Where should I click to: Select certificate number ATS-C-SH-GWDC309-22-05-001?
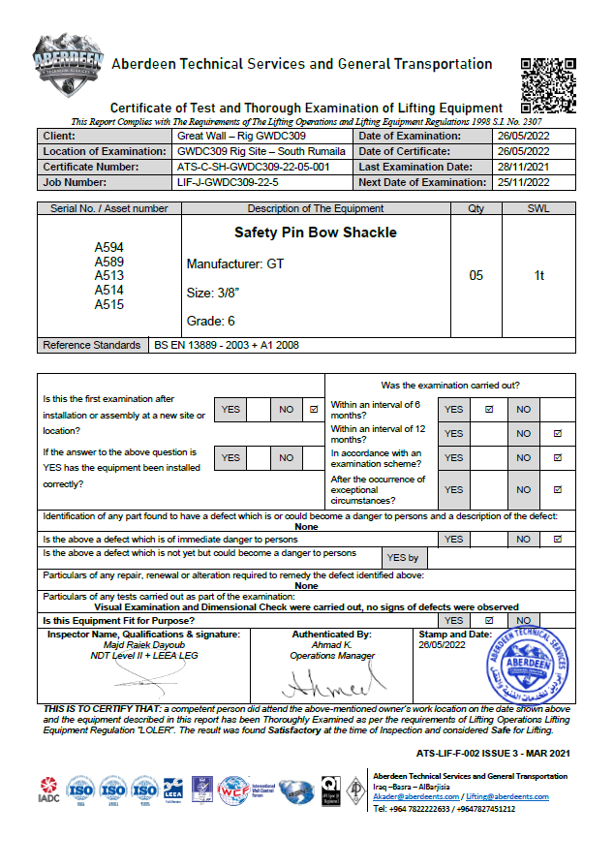point(254,167)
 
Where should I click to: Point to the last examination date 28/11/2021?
point(522,167)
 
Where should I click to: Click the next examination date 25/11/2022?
point(522,182)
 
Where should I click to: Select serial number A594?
point(108,248)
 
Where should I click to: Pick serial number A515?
point(108,304)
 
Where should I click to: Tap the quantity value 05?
point(476,276)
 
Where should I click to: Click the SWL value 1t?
point(539,276)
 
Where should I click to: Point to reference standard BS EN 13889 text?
point(227,345)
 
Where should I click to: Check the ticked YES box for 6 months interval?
point(489,409)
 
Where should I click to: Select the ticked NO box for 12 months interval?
point(557,434)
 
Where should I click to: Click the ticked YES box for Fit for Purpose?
point(489,620)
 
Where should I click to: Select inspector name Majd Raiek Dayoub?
point(143,645)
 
